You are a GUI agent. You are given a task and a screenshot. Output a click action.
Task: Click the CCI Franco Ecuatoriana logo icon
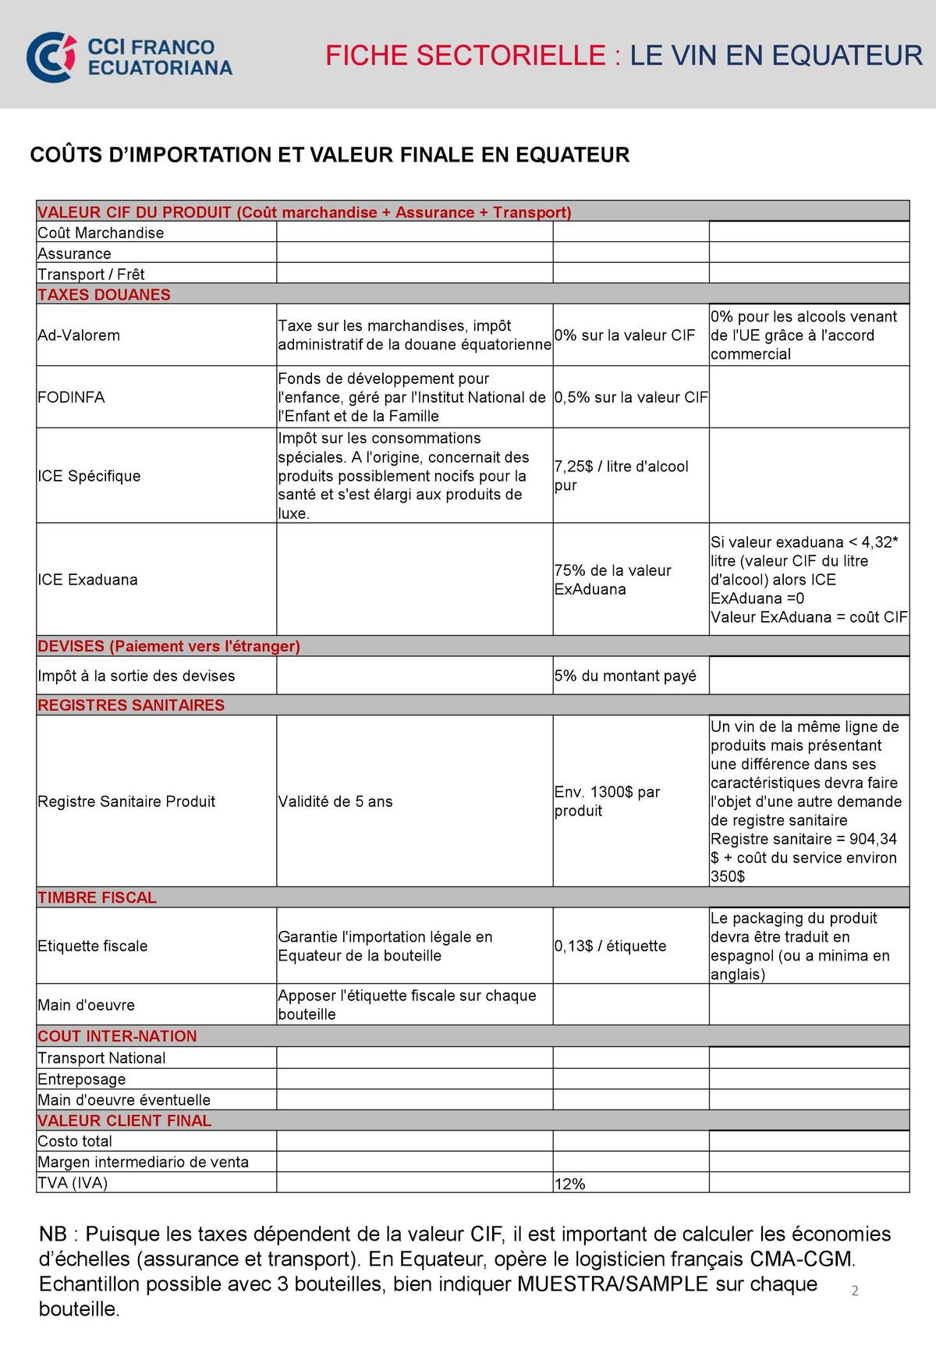[51, 57]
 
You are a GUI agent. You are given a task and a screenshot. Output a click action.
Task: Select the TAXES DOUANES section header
[104, 295]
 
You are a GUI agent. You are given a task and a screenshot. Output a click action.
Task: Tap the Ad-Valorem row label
[79, 336]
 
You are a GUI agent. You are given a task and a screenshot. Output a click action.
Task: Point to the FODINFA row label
[71, 397]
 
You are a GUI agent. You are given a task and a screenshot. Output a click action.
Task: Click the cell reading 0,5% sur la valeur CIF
[631, 397]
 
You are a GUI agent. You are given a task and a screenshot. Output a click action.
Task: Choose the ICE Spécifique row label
[89, 476]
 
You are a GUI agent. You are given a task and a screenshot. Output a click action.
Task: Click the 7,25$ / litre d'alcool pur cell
[621, 476]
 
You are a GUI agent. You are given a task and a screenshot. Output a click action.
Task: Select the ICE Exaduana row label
[87, 580]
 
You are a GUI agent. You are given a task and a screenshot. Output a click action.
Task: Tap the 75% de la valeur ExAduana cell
[612, 580]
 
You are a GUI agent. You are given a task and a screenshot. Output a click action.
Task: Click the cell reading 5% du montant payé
[625, 676]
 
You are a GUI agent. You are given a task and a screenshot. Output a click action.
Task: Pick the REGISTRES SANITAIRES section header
[131, 705]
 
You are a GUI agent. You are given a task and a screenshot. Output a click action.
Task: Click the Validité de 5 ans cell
[335, 801]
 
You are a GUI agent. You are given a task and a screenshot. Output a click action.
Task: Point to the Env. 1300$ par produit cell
[607, 801]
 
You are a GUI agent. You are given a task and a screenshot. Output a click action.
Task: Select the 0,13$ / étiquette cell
[610, 946]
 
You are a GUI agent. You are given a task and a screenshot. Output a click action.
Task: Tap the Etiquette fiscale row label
[93, 946]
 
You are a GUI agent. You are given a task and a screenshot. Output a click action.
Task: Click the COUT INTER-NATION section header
[117, 1036]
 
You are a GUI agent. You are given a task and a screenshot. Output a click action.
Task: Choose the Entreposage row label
[82, 1079]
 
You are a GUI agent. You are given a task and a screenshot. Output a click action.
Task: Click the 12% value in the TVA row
[569, 1184]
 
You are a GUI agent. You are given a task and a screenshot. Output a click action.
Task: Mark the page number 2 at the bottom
[855, 1291]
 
